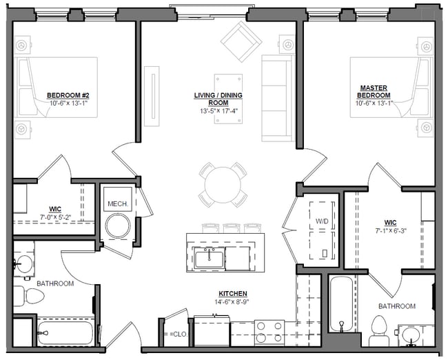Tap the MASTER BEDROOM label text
(374, 92)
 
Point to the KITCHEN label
(232, 293)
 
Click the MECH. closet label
(116, 203)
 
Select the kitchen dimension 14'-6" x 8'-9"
(232, 301)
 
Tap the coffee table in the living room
(227, 88)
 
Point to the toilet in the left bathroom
(32, 297)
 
